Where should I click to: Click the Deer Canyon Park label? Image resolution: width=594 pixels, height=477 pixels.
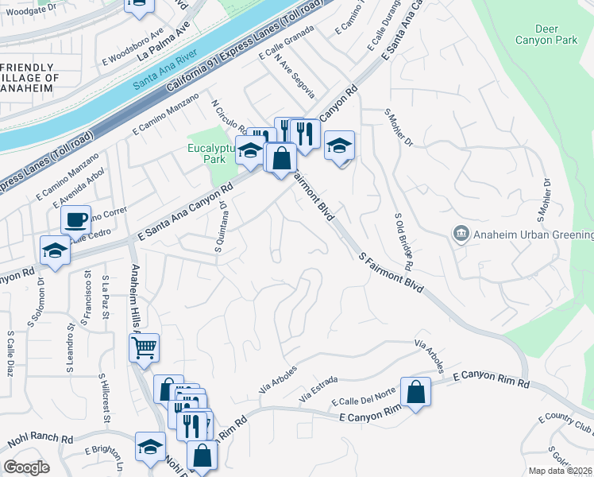[x=546, y=33]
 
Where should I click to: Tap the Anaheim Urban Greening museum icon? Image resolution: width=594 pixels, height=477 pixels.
[x=461, y=234]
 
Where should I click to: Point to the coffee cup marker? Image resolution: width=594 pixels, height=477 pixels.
[x=76, y=219]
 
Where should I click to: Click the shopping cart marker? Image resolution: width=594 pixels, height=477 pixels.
[x=145, y=347]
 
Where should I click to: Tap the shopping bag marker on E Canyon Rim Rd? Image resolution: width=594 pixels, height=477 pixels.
[x=416, y=391]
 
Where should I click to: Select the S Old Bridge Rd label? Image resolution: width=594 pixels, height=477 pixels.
[x=407, y=240]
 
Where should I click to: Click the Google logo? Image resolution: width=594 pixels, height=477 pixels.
[x=26, y=467]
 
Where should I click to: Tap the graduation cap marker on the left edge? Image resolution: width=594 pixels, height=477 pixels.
[x=56, y=250]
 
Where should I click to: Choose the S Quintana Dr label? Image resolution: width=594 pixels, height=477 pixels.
[x=222, y=227]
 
